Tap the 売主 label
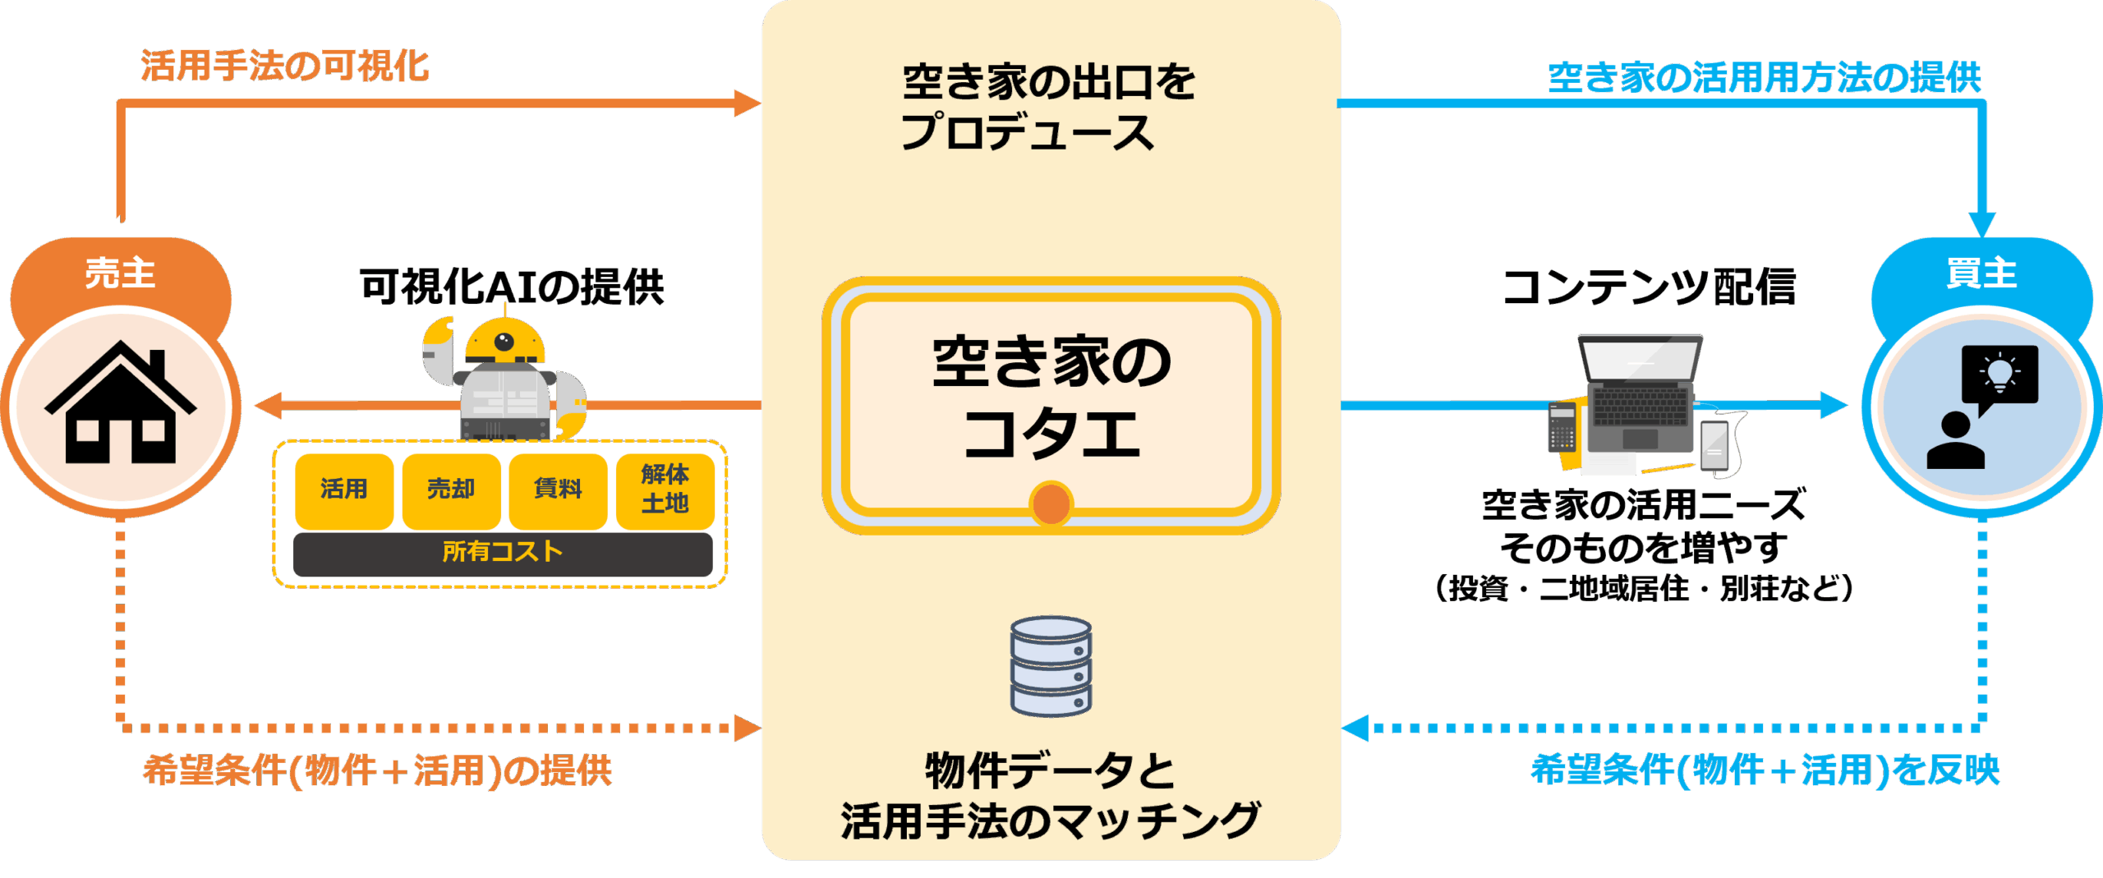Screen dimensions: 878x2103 120,273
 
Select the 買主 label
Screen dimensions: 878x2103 1981,273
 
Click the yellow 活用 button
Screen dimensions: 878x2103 343,490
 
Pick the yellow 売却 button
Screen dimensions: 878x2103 451,490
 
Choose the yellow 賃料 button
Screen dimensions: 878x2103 558,490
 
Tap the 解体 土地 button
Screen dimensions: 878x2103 665,490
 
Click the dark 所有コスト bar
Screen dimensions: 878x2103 502,553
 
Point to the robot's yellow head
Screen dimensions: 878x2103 504,340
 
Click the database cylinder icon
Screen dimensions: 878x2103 1051,665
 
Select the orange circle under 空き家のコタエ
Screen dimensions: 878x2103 1051,503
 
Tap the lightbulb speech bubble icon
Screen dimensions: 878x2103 1999,375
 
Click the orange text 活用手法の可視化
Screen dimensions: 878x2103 284,67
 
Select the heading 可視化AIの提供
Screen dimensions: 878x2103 511,287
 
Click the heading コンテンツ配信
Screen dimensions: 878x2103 1649,287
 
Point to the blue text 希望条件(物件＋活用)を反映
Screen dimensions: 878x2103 1765,770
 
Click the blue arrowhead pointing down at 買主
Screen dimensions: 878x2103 1982,224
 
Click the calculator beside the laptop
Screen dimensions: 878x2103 1561,427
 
